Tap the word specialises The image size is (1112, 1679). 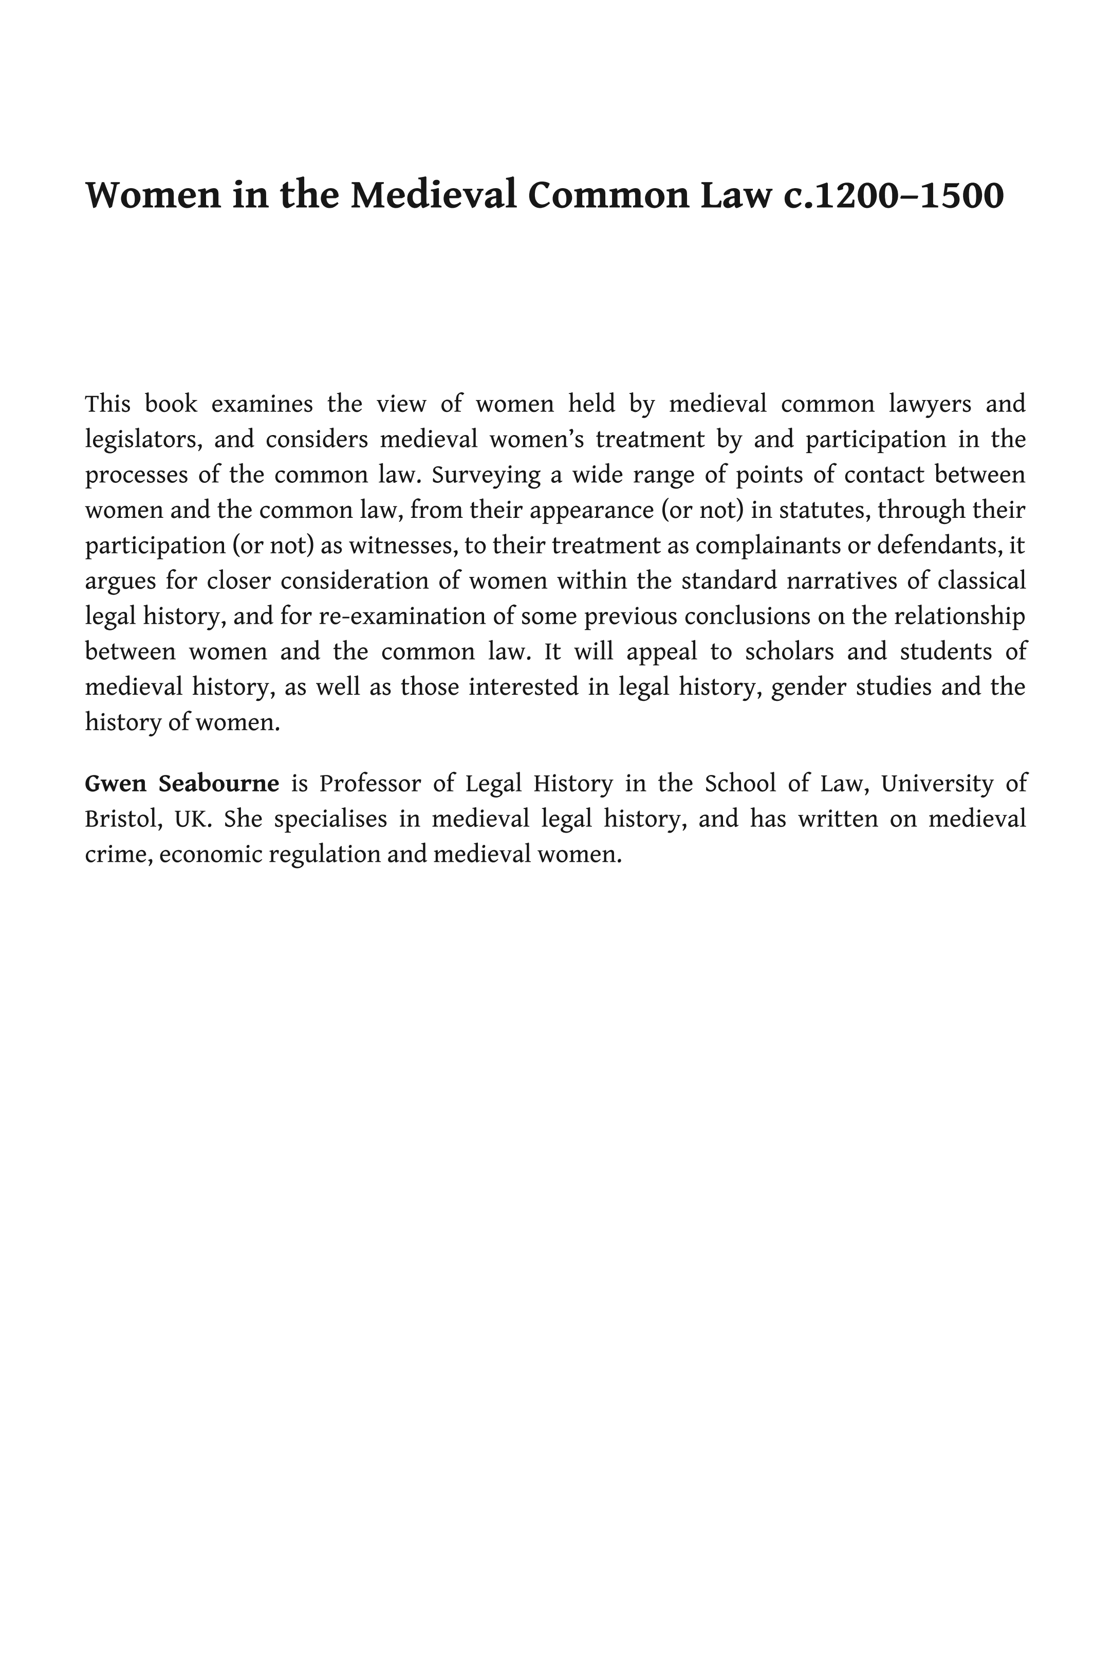point(330,820)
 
